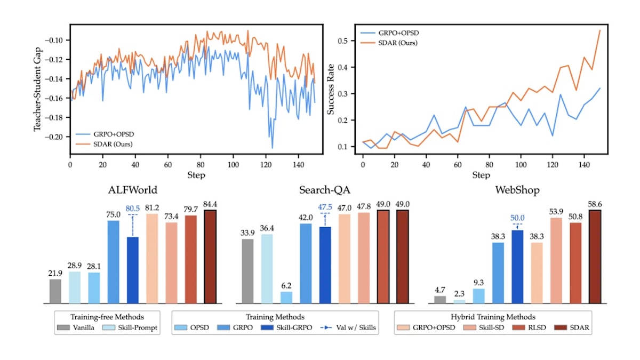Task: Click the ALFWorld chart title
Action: click(133, 190)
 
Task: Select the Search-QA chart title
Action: click(325, 190)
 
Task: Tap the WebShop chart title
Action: click(517, 190)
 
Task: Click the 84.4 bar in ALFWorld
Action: click(210, 257)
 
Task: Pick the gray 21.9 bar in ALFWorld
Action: click(55, 291)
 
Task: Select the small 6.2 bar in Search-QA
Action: click(286, 298)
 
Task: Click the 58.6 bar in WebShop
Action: click(595, 257)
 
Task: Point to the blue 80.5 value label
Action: click(133, 209)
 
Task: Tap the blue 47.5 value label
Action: click(325, 207)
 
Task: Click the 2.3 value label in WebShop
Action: click(459, 294)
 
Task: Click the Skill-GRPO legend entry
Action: click(286, 327)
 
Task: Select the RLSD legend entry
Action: click(529, 327)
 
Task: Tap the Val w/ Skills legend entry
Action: click(348, 327)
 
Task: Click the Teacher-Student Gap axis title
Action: click(37, 89)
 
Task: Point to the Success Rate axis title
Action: click(331, 89)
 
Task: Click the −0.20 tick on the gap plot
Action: click(54, 137)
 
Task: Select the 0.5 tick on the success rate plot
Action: click(342, 41)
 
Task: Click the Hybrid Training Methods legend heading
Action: click(493, 317)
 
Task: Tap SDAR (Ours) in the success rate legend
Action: click(389, 43)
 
